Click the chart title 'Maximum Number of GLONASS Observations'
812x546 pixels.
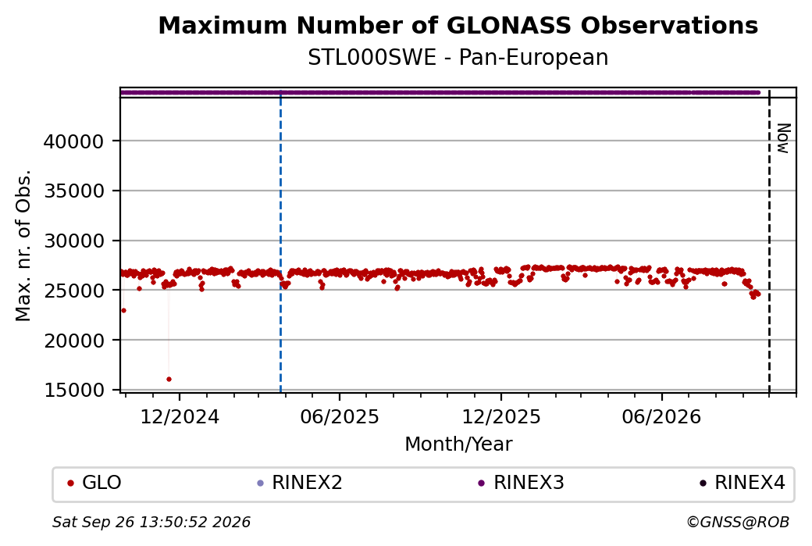[458, 25]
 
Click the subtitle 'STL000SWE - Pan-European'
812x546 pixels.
[458, 58]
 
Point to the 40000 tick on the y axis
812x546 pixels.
[74, 141]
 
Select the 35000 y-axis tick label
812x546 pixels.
[74, 191]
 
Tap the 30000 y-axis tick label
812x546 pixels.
[74, 241]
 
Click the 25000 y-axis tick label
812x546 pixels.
[74, 291]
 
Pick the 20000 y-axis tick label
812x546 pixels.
[74, 341]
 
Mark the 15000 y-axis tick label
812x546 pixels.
[74, 390]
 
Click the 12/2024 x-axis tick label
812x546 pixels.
[180, 416]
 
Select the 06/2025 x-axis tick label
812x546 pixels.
[340, 416]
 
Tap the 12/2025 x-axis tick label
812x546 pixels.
[500, 416]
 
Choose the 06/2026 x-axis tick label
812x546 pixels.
[661, 416]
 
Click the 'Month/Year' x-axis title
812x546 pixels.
[458, 444]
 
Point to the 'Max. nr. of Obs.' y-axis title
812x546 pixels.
[23, 245]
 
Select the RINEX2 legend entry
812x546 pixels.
[300, 483]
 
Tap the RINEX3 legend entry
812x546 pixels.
[521, 483]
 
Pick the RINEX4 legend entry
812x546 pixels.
[742, 483]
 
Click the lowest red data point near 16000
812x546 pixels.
[169, 379]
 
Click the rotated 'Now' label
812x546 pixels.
[783, 138]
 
